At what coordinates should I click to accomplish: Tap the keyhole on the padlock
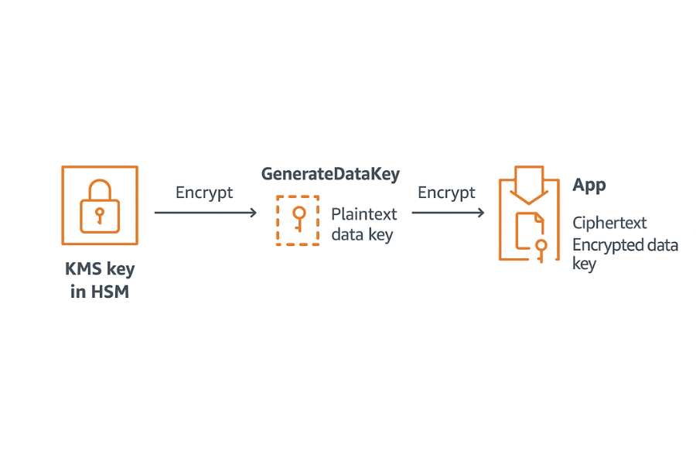click(x=100, y=213)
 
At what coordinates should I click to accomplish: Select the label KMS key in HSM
click(x=100, y=281)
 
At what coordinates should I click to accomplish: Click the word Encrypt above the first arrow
click(x=204, y=193)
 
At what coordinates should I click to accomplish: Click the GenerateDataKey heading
click(x=330, y=174)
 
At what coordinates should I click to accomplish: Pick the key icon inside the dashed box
click(x=298, y=218)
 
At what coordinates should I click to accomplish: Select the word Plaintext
click(x=364, y=214)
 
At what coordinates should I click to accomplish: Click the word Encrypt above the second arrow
click(x=446, y=193)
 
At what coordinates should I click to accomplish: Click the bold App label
click(x=589, y=186)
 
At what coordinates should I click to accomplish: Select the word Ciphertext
click(x=609, y=223)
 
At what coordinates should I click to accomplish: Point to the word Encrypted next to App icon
click(x=608, y=245)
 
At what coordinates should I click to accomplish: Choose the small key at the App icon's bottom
click(x=541, y=249)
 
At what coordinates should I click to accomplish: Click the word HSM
click(x=110, y=292)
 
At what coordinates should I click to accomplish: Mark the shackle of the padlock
click(x=100, y=189)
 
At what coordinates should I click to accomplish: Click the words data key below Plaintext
click(x=362, y=234)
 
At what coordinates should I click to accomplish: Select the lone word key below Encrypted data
click(x=585, y=264)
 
